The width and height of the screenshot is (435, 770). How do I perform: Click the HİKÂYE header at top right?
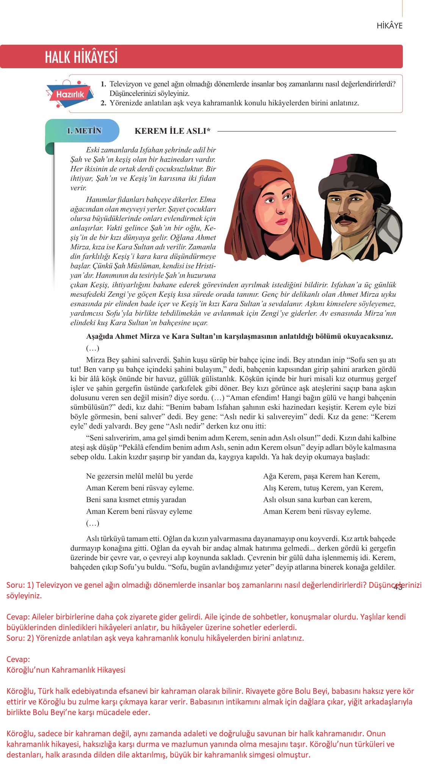click(389, 26)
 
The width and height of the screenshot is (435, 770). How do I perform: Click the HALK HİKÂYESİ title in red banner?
click(81, 57)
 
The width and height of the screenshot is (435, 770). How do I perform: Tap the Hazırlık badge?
click(70, 94)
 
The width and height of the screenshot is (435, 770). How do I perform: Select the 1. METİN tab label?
click(84, 131)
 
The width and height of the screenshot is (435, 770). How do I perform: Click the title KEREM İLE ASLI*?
click(172, 131)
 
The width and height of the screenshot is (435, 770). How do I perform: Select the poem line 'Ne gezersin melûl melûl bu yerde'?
click(139, 476)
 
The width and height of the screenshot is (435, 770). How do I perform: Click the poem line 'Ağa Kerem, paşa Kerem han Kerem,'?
click(321, 476)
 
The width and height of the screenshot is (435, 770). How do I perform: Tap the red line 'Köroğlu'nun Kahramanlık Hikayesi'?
click(66, 680)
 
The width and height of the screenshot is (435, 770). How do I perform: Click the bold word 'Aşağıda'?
click(100, 336)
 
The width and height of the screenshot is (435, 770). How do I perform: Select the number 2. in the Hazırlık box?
click(103, 103)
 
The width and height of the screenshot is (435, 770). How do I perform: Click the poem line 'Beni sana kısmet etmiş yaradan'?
click(136, 500)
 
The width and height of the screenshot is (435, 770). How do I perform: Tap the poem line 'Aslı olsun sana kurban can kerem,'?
click(318, 500)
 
